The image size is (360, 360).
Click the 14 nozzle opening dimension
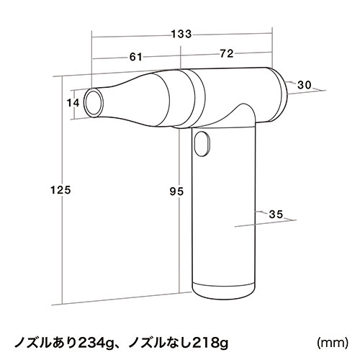click(72, 102)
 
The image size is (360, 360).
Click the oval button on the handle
click(203, 144)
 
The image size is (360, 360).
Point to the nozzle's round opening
click(93, 102)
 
